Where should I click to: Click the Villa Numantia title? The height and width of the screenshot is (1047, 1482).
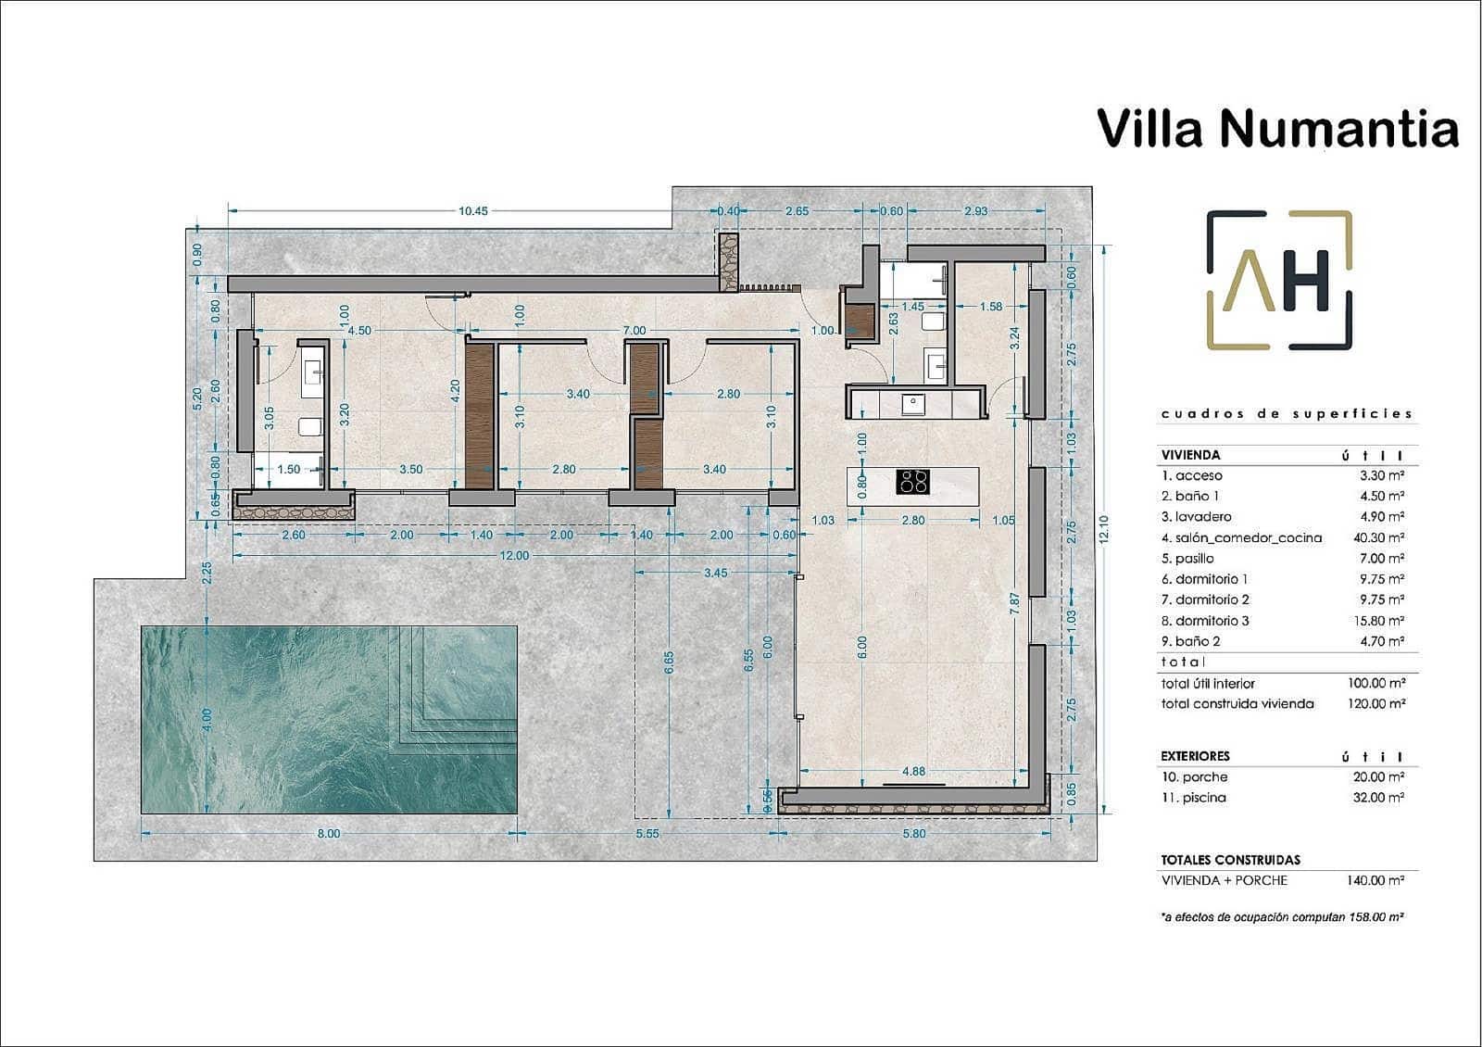click(x=1277, y=128)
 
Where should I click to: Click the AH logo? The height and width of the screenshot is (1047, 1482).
click(x=1279, y=281)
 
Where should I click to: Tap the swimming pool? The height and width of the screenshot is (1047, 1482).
click(x=329, y=719)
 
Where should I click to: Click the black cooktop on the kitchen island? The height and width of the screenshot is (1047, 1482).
click(x=913, y=482)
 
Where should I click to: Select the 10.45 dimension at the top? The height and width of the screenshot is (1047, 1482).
click(x=472, y=211)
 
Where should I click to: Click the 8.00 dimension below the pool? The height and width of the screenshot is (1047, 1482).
click(x=329, y=833)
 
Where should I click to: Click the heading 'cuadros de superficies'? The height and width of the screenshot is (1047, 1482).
click(x=1287, y=414)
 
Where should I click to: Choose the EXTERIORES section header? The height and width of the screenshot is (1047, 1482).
click(x=1195, y=756)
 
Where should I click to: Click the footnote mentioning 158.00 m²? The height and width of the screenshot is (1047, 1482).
click(x=1282, y=916)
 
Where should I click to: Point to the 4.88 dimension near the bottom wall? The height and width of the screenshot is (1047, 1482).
click(x=913, y=771)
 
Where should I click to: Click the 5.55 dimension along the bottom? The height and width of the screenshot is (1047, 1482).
click(x=647, y=833)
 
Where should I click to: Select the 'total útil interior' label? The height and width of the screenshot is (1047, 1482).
click(x=1208, y=683)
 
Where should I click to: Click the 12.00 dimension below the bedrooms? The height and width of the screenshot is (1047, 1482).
click(x=514, y=555)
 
